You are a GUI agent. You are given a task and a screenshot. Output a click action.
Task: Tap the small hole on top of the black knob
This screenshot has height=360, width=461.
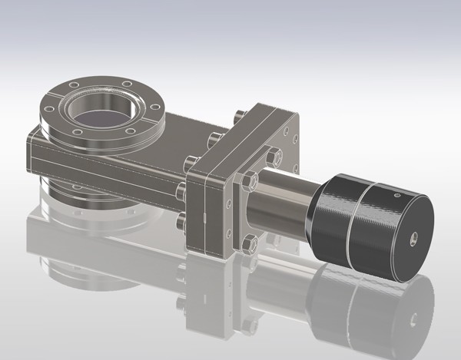pos(396,197)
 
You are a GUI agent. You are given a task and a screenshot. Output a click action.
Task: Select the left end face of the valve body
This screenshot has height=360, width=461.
pos(32,154)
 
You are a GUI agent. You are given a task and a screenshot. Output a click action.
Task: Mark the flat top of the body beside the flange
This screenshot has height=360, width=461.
pos(184,127)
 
